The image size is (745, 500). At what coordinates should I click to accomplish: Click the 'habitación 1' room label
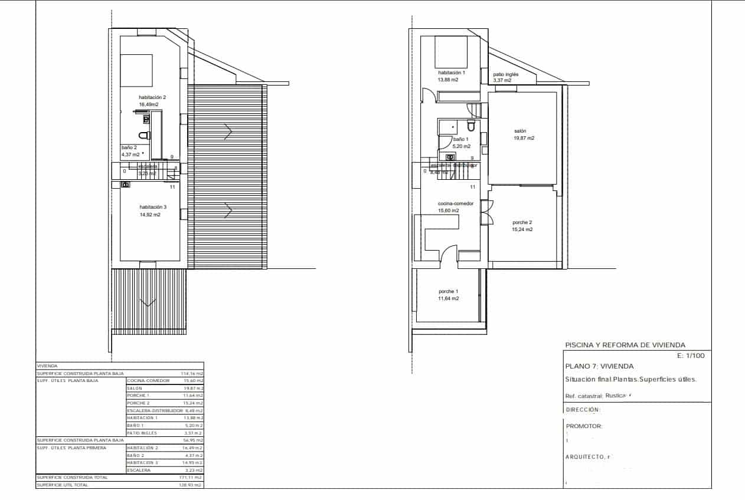452,73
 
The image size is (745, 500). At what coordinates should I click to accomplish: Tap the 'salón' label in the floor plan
519,131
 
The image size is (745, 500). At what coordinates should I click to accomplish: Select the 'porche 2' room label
522,222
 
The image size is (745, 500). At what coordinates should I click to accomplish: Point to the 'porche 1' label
448,291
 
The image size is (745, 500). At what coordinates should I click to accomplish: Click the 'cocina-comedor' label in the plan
455,203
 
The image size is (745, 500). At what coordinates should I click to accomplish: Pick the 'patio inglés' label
506,75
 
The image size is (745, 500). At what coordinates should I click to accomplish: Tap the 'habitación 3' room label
153,207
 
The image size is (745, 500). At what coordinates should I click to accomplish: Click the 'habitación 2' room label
152,97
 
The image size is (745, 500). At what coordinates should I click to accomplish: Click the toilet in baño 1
470,126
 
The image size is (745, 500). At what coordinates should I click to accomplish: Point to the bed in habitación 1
452,52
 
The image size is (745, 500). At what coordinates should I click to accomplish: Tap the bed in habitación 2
136,71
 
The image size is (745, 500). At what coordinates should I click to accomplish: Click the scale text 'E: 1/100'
691,356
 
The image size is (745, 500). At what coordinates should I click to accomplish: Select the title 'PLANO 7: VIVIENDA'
599,366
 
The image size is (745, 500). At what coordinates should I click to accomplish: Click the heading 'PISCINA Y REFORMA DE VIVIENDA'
625,345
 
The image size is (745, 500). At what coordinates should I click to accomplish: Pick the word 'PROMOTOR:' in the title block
584,426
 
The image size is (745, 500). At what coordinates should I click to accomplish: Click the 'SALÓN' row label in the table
135,389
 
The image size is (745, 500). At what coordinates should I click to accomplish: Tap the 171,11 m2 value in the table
191,477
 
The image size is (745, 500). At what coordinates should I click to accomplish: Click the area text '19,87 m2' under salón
524,138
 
